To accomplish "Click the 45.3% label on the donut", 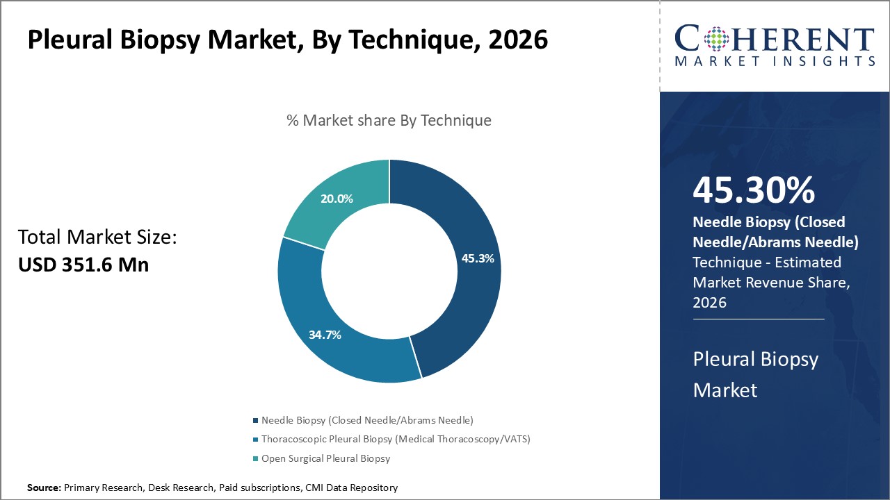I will pos(478,258).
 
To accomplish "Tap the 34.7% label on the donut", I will pos(325,335).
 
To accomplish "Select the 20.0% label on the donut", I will pos(337,199).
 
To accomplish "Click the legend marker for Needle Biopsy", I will pos(255,420).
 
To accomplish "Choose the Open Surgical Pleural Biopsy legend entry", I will pos(325,458).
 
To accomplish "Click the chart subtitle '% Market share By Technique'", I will pos(389,120).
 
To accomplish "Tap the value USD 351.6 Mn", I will pos(83,265).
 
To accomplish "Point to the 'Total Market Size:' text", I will pos(97,237).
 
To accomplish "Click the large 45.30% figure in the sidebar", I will pos(754,190).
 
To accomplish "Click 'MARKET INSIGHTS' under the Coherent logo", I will pos(774,62).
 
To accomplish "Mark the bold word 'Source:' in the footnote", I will pos(44,487).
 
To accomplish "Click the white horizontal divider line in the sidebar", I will pos(758,319).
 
